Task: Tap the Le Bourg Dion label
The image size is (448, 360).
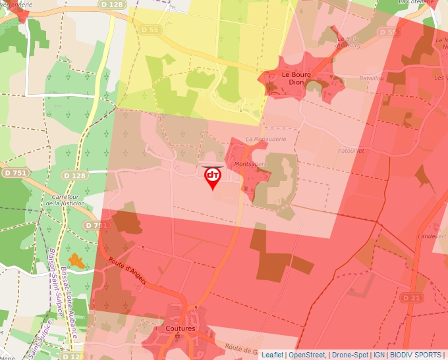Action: click(x=296, y=79)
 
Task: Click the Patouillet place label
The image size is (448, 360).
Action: click(x=350, y=151)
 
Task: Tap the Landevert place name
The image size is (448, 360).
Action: click(x=433, y=236)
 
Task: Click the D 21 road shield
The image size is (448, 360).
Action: click(x=410, y=299)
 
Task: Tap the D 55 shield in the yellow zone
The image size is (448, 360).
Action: click(x=150, y=30)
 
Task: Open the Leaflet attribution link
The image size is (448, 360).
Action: click(x=272, y=355)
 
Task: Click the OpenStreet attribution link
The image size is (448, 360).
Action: click(x=306, y=355)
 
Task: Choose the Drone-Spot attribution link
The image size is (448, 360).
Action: click(x=350, y=355)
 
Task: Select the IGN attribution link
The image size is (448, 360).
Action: click(x=379, y=355)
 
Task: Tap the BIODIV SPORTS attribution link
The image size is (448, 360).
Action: click(x=415, y=355)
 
